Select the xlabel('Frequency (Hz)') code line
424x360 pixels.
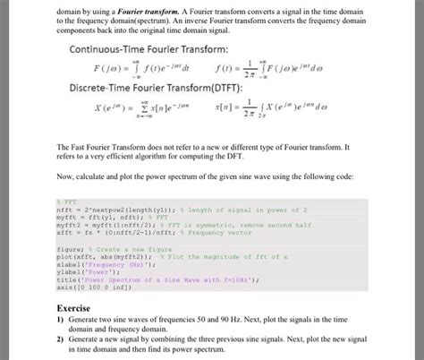[99, 266]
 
